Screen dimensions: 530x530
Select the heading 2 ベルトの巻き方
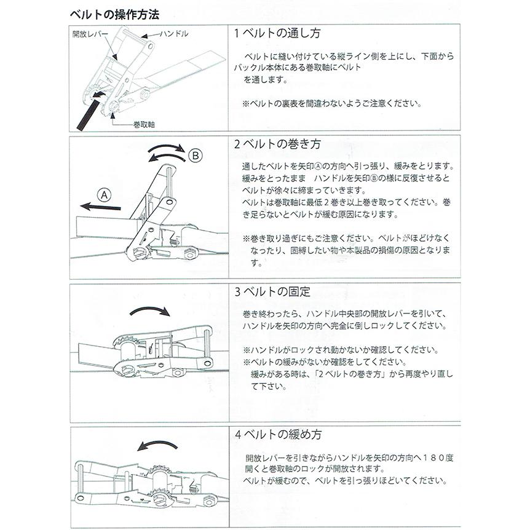pyautogui.click(x=277, y=145)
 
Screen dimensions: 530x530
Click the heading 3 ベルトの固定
pyautogui.click(x=272, y=291)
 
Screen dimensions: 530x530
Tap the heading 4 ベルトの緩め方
pyautogui.click(x=278, y=435)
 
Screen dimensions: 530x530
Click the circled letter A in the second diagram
pyautogui.click(x=104, y=195)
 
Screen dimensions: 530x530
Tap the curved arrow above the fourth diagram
pyautogui.click(x=158, y=445)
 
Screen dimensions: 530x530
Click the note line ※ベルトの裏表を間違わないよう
pyautogui.click(x=332, y=103)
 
